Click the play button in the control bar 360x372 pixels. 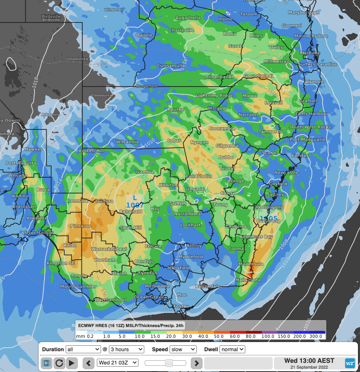(x=72, y=363)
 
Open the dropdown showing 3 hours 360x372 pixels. (x=126, y=349)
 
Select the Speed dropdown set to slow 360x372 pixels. (x=182, y=349)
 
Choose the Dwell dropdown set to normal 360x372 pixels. (x=232, y=349)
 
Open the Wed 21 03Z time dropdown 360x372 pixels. (x=117, y=363)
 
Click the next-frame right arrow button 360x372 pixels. (x=196, y=363)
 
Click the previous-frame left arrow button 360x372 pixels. (x=88, y=363)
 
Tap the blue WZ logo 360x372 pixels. (x=350, y=363)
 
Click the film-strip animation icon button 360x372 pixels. (x=47, y=363)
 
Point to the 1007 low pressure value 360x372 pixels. (x=135, y=205)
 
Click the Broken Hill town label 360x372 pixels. (x=90, y=151)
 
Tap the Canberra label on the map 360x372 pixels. (x=236, y=226)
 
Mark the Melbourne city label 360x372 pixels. (x=157, y=286)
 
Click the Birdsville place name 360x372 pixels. (x=51, y=17)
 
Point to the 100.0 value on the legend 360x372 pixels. (x=268, y=336)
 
